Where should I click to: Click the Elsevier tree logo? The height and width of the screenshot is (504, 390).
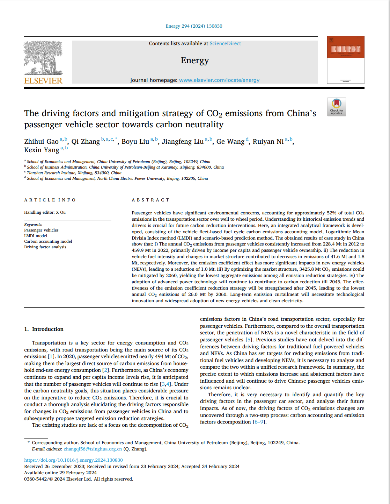[43, 58]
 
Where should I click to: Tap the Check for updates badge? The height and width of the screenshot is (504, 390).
[337, 107]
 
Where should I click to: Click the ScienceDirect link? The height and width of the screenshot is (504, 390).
[225, 43]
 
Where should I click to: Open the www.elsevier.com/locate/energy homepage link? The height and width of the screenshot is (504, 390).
[219, 80]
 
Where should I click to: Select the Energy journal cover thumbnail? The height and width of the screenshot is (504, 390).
[346, 60]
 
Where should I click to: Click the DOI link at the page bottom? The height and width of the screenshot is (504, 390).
[73, 460]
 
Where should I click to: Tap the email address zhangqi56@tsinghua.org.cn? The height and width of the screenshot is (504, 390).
[93, 449]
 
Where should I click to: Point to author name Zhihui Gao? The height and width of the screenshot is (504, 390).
[41, 142]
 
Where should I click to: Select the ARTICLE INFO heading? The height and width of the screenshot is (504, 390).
[50, 200]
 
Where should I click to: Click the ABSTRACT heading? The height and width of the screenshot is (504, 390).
[150, 200]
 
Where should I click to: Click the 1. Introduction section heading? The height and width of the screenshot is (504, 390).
[44, 329]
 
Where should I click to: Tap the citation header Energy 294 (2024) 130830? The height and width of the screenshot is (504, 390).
[194, 26]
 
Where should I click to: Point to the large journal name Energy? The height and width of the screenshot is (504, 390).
[195, 61]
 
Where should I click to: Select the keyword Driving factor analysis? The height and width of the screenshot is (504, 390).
[45, 247]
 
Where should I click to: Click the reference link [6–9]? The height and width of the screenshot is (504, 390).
[259, 422]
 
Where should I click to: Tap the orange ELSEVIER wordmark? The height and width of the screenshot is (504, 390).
[43, 81]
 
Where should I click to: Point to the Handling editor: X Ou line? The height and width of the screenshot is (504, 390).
[45, 212]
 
